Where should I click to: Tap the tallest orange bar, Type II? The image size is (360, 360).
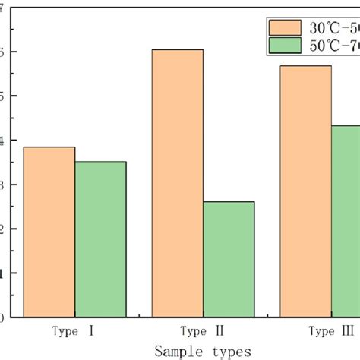coord(177,182)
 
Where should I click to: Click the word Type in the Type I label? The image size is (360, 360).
coord(65,331)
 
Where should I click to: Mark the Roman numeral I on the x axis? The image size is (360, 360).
coord(91,331)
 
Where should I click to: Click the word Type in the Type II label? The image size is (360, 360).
coord(192,331)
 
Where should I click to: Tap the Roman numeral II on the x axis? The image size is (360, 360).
coord(219,331)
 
